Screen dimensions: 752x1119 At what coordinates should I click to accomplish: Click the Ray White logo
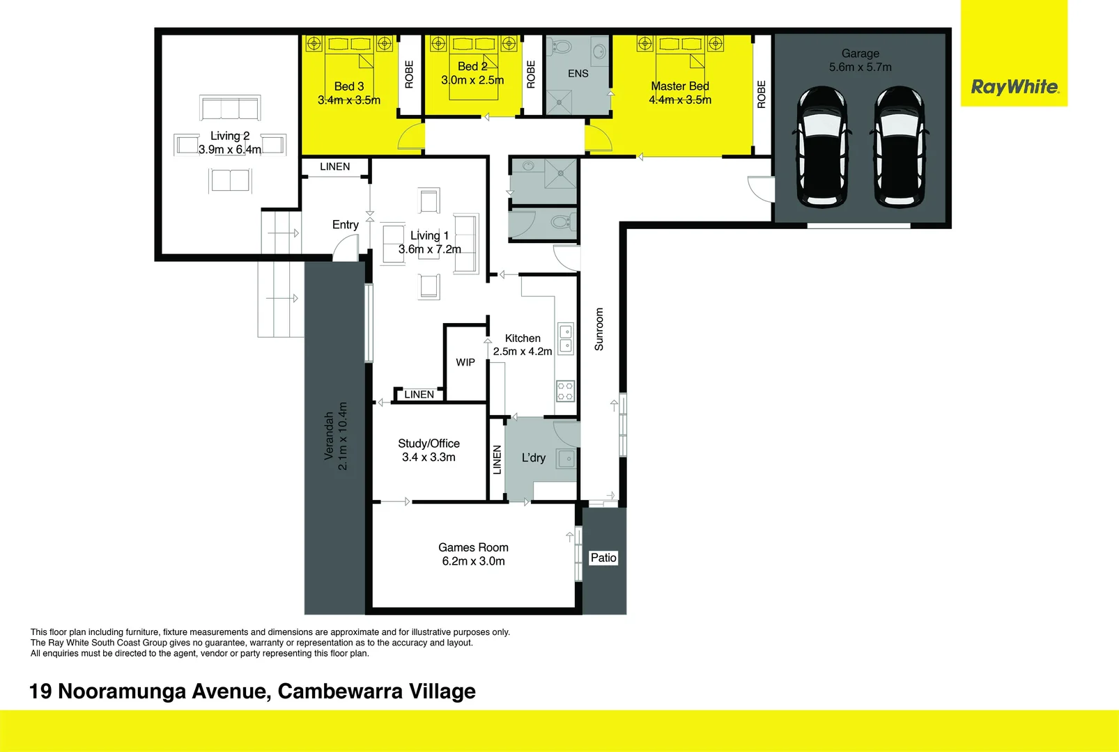point(1014,87)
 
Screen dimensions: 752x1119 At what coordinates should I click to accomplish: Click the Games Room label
point(473,547)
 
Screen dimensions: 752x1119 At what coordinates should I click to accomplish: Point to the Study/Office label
point(429,444)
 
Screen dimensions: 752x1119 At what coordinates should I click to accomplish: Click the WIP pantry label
point(465,362)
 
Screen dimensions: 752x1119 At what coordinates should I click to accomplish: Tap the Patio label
point(603,558)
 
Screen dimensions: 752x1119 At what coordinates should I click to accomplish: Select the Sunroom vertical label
point(599,329)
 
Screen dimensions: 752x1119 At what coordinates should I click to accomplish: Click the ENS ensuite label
point(578,73)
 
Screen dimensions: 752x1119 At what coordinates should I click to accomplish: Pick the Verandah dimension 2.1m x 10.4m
point(342,436)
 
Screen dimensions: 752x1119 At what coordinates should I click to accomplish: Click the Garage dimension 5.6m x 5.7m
point(860,67)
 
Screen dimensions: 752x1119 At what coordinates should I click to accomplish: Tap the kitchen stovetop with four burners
point(565,391)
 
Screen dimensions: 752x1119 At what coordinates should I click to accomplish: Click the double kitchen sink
point(566,338)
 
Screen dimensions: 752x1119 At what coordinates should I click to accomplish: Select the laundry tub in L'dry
point(566,459)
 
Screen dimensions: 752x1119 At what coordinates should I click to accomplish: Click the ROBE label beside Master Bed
point(762,94)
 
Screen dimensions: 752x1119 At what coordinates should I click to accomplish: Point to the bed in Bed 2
point(473,70)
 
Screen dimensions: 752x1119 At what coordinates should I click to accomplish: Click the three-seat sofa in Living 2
point(230,109)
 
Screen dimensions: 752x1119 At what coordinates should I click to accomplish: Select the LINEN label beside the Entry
point(335,166)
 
